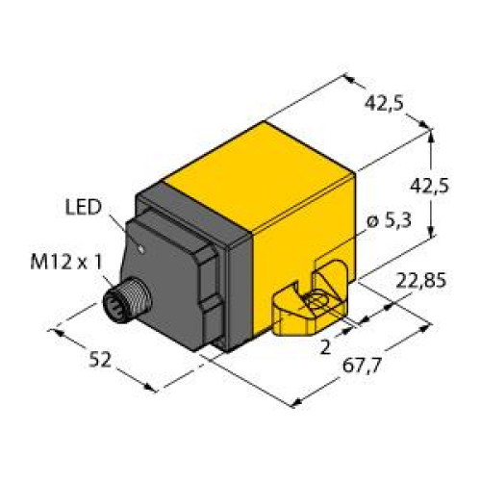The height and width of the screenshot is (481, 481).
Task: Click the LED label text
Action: click(x=84, y=207)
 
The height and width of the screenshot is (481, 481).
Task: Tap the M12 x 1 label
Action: click(x=66, y=263)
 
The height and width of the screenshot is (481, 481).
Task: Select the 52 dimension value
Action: click(x=100, y=360)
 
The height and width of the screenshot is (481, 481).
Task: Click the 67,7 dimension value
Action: click(x=361, y=365)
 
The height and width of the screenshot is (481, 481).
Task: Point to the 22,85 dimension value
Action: click(x=421, y=281)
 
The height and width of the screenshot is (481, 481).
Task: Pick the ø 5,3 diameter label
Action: click(x=389, y=220)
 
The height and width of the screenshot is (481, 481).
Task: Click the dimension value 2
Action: click(x=325, y=347)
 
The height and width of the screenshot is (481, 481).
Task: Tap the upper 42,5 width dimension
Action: click(x=384, y=103)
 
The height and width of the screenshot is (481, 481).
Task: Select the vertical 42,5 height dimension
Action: click(x=429, y=186)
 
